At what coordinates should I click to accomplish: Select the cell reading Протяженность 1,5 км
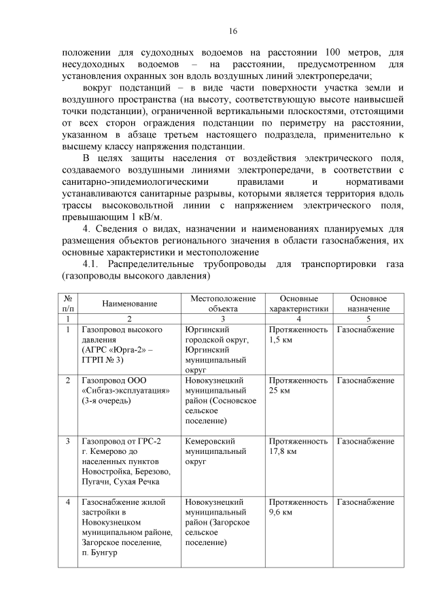(298, 334)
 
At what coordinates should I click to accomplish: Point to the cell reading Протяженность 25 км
(298, 386)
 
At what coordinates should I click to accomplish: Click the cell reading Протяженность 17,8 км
(298, 446)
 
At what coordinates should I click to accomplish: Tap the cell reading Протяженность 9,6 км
(298, 507)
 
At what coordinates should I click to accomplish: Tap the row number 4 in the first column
(68, 502)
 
